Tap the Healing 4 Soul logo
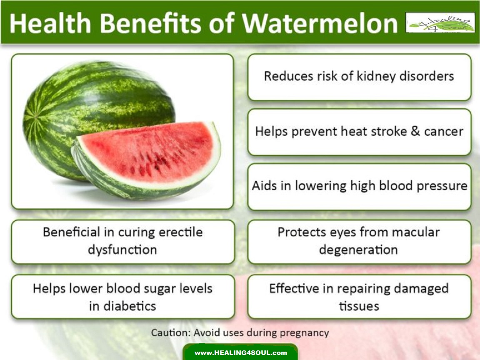[440, 22]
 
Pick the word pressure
[442, 186]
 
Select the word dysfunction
[122, 250]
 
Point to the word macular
[418, 232]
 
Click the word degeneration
[358, 250]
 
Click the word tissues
[359, 306]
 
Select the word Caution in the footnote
[169, 333]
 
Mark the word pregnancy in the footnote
[304, 333]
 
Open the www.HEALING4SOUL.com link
[240, 353]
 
